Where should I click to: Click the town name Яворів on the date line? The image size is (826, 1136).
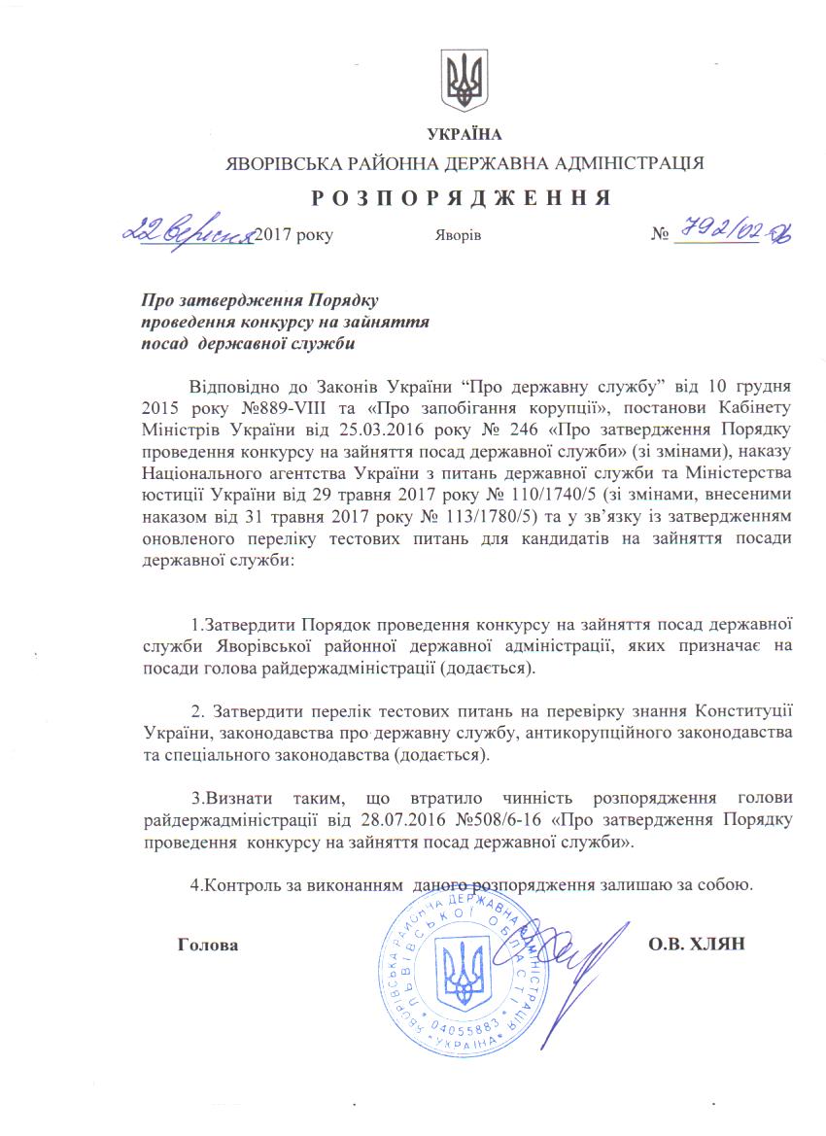click(x=453, y=236)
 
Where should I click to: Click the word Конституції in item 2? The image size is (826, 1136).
click(x=742, y=707)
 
